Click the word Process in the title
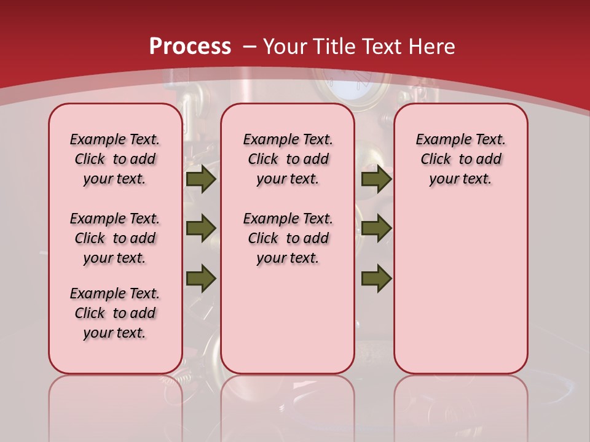pyautogui.click(x=190, y=47)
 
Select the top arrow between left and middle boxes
pyautogui.click(x=200, y=179)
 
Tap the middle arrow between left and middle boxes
pyautogui.click(x=200, y=228)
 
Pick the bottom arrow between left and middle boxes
pyautogui.click(x=200, y=278)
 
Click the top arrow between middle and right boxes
pyautogui.click(x=376, y=179)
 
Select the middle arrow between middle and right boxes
pyautogui.click(x=376, y=228)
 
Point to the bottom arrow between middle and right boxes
pyautogui.click(x=376, y=278)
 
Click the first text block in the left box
pyautogui.click(x=115, y=159)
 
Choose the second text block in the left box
pyautogui.click(x=115, y=238)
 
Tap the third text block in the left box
pyautogui.click(x=115, y=313)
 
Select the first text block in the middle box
pyautogui.click(x=288, y=159)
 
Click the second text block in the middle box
pyautogui.click(x=288, y=238)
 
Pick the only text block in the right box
pyautogui.click(x=460, y=159)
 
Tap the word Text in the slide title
pyautogui.click(x=383, y=47)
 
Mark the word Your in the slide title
pyautogui.click(x=286, y=47)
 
